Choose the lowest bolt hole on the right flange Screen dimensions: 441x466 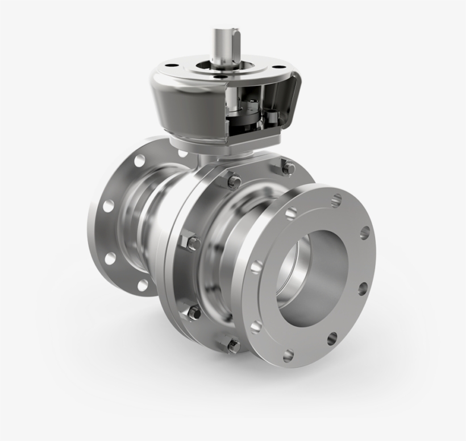[289, 356]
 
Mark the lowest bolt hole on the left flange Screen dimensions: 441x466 [143, 285]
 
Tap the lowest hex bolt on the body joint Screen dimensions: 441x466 [234, 344]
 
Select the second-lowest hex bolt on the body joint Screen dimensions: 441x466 [194, 312]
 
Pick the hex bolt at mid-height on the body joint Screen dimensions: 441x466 [193, 243]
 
